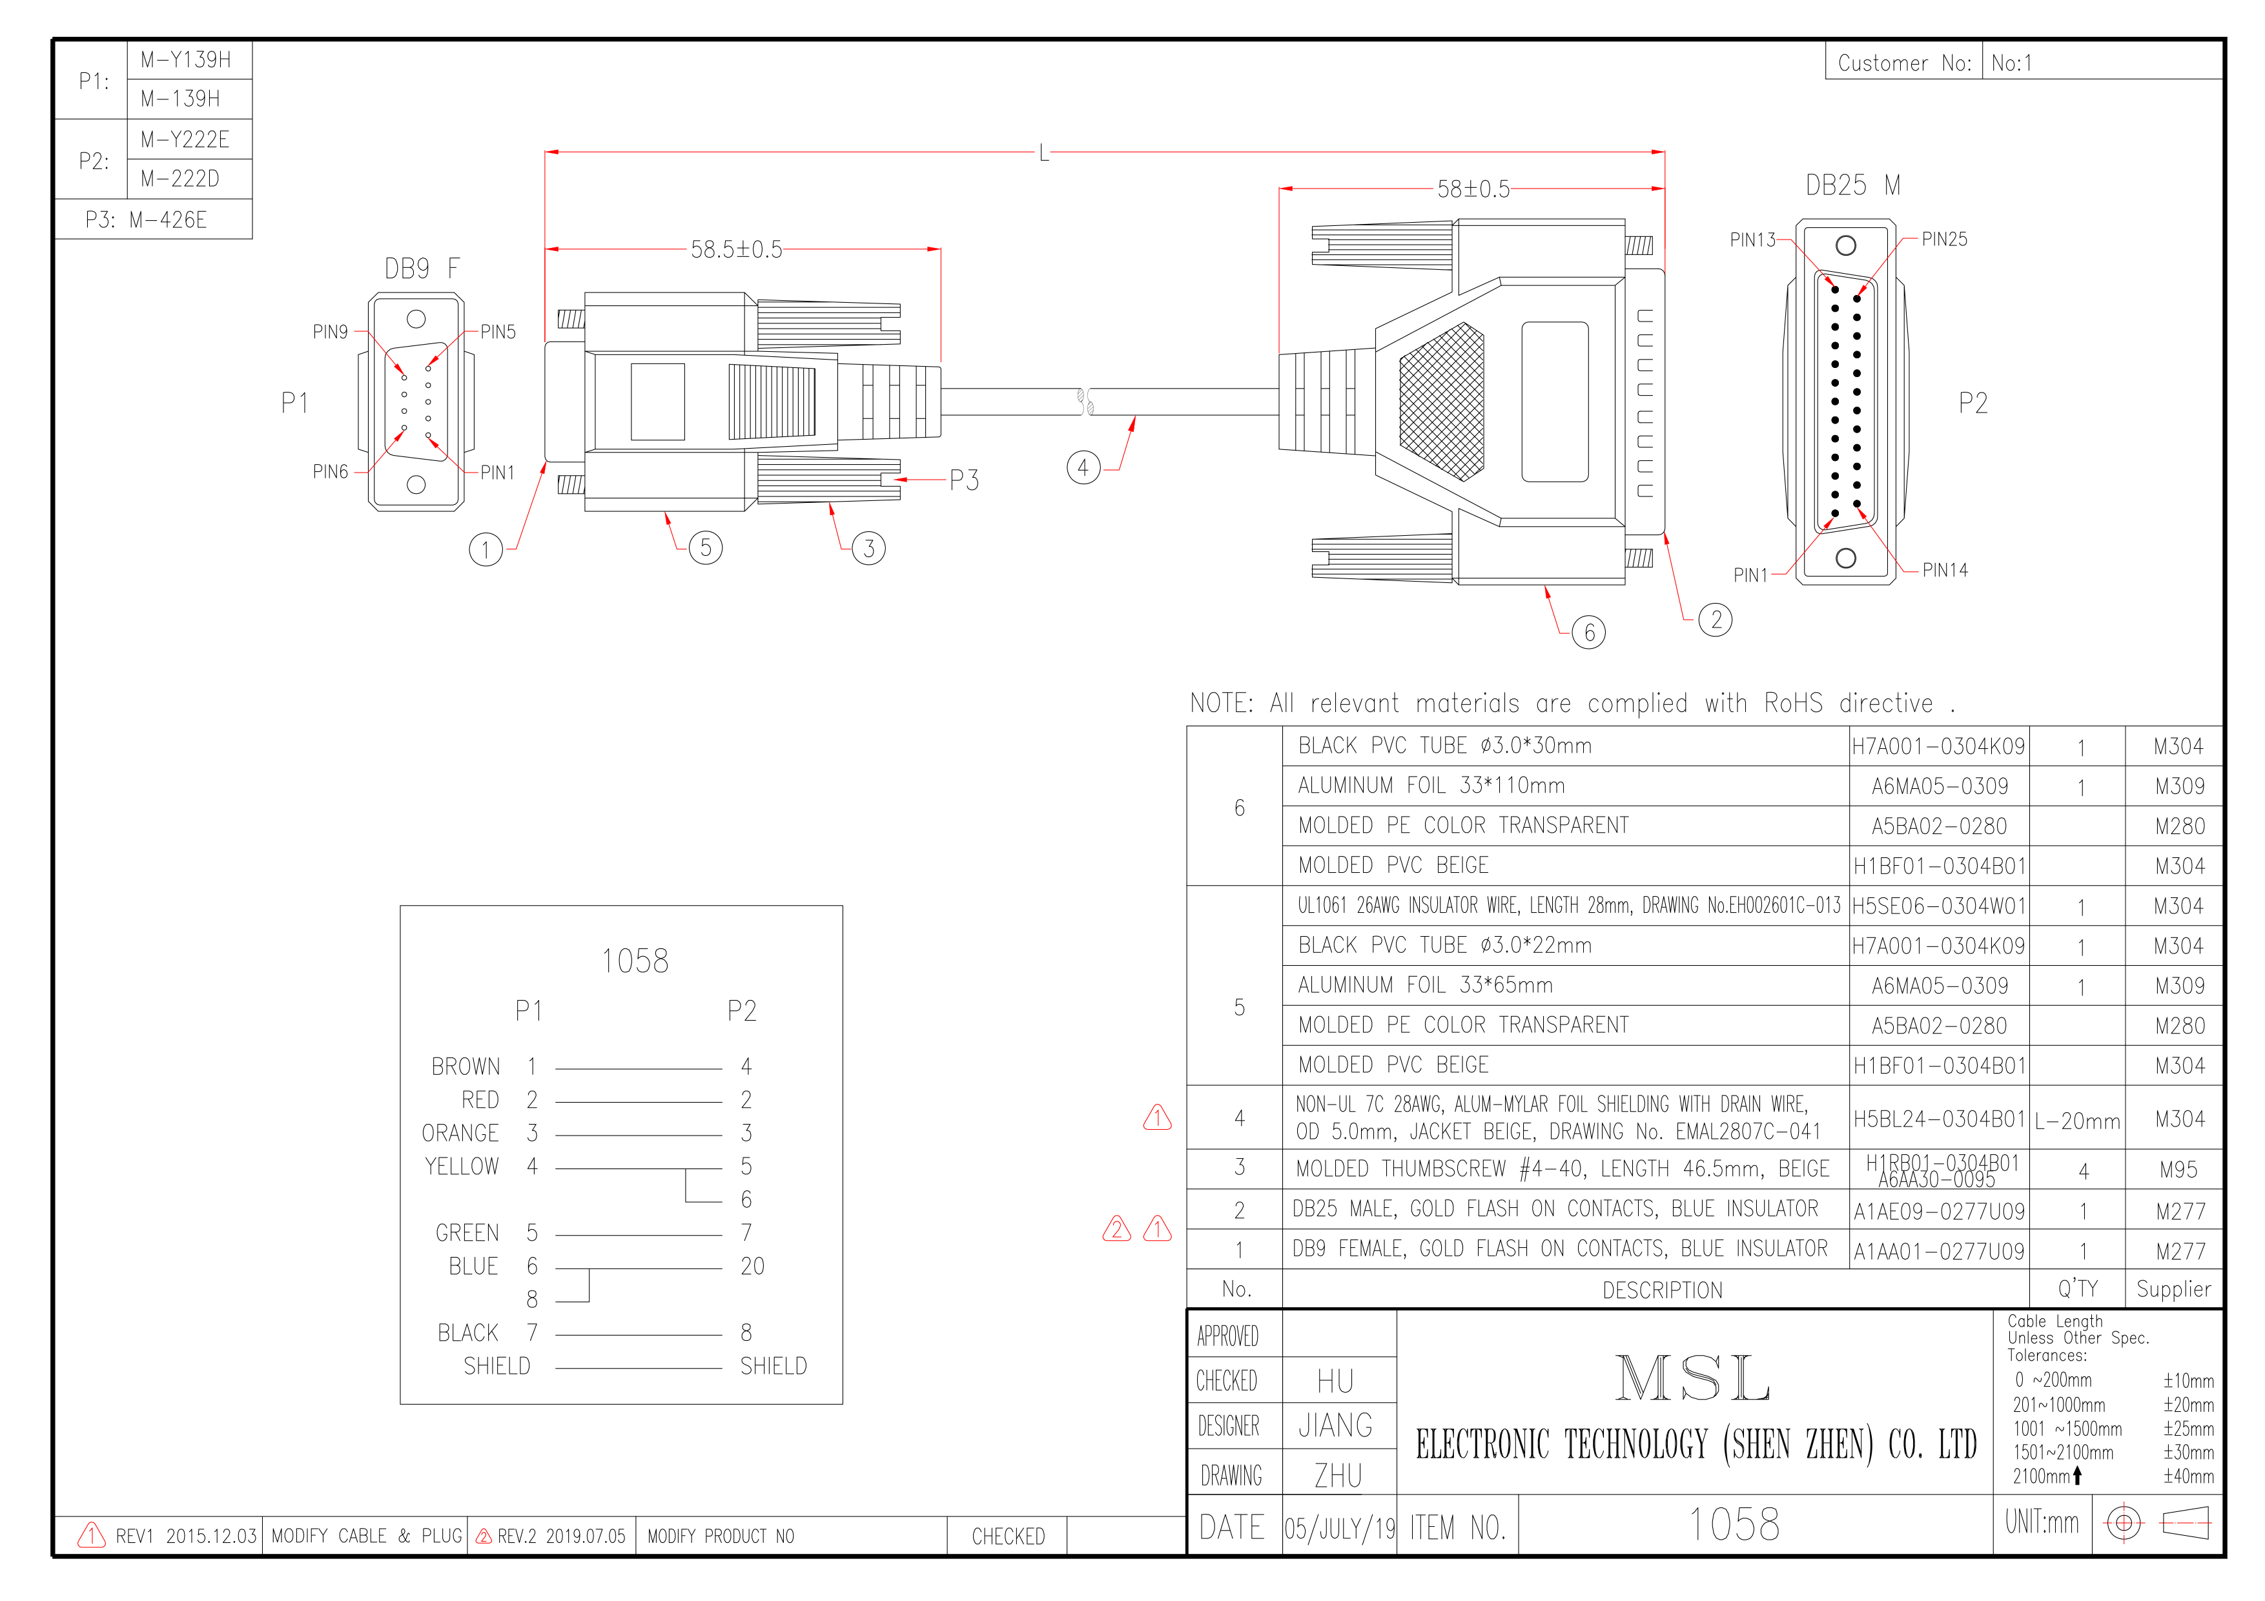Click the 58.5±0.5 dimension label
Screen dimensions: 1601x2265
pos(736,250)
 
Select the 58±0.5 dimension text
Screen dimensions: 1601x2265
pos(1473,189)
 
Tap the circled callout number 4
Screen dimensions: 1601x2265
pos(1083,467)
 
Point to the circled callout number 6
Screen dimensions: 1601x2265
pos(1588,632)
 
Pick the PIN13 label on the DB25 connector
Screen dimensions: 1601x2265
pos(1752,240)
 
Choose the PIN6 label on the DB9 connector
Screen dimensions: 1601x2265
pos(331,471)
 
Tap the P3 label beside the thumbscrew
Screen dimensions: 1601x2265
pos(964,480)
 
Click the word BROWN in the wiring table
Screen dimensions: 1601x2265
pos(466,1066)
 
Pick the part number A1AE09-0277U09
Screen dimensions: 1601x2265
pos(1938,1211)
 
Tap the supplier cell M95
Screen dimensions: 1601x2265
pos(2178,1170)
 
